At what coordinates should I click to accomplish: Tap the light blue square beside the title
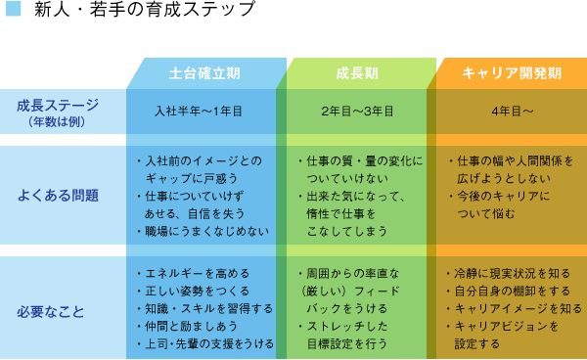tap(13, 11)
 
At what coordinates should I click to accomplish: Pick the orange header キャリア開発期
tap(512, 73)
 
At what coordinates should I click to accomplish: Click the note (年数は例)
tap(58, 121)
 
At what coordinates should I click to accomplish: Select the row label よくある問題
tap(58, 195)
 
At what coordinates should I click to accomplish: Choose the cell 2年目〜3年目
tap(357, 112)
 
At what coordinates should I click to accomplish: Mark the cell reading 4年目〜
tap(512, 112)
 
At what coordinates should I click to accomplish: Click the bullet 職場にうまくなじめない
tap(202, 231)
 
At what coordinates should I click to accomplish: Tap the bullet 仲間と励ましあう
tap(192, 326)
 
